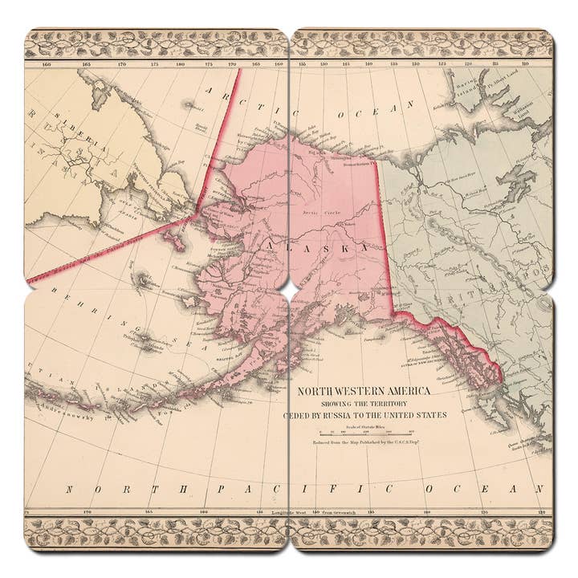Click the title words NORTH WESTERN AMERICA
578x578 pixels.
pos(364,391)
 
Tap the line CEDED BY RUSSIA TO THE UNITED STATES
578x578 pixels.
pos(365,415)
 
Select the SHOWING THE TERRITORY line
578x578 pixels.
pos(365,404)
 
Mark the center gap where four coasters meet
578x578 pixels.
pos(289,289)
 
